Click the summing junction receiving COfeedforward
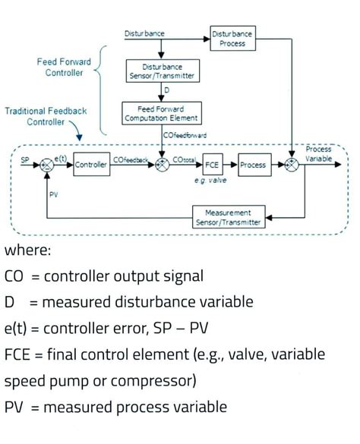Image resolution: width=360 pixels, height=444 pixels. click(x=162, y=165)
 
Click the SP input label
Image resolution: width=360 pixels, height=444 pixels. click(x=27, y=160)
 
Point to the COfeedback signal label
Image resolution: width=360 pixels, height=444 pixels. click(x=131, y=159)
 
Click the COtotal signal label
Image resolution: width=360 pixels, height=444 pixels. click(x=185, y=159)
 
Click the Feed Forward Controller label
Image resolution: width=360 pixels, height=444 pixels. click(x=65, y=67)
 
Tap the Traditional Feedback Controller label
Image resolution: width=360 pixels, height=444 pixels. click(x=46, y=115)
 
